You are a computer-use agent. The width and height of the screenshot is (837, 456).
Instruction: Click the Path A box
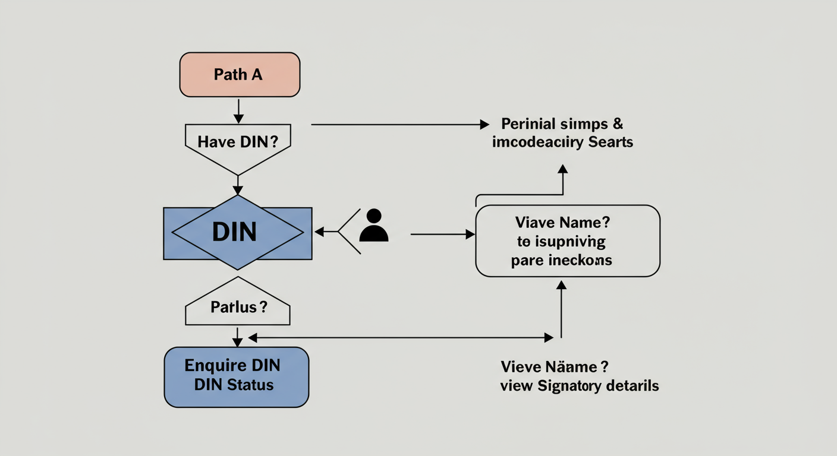click(240, 75)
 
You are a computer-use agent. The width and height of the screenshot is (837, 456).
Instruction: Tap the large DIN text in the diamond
click(234, 232)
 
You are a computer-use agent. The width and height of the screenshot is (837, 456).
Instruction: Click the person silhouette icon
click(374, 226)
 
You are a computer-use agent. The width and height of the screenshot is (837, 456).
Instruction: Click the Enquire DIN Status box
click(237, 376)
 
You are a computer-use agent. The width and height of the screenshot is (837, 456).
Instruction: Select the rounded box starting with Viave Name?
click(568, 241)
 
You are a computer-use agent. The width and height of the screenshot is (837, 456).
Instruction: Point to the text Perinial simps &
click(562, 124)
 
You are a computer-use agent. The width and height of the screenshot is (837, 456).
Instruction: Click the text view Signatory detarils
click(579, 386)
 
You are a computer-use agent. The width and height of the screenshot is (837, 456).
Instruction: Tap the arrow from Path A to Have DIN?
click(238, 111)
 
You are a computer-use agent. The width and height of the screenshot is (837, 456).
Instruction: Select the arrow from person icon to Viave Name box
click(442, 235)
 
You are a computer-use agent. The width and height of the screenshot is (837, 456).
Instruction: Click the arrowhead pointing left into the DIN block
click(319, 232)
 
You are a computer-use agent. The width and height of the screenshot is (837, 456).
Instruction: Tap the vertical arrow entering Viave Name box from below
click(561, 309)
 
